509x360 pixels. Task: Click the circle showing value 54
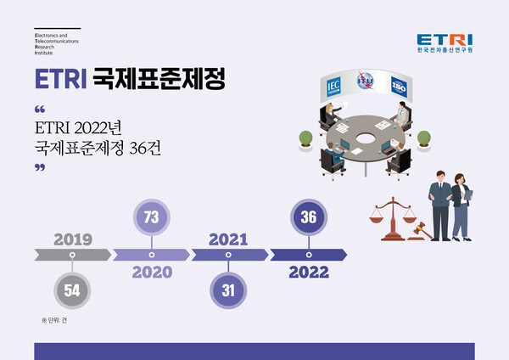72,290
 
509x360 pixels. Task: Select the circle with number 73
152,218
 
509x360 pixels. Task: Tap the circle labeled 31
228,290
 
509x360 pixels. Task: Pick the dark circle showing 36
309,217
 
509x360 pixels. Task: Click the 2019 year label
72,239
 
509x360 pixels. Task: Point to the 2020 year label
152,273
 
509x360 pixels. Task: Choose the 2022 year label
309,273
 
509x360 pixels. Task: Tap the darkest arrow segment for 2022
309,255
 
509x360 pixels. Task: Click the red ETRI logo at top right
445,39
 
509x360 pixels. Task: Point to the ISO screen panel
400,85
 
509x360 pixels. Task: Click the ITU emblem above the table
366,82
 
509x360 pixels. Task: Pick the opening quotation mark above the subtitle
40,110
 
